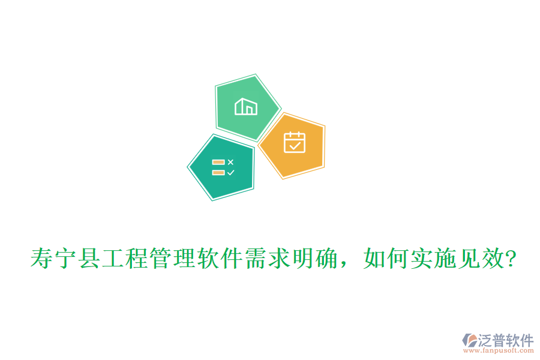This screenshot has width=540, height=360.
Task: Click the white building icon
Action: tap(246, 107)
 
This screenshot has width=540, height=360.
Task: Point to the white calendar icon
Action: tap(295, 143)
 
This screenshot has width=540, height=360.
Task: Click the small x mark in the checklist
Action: tap(231, 162)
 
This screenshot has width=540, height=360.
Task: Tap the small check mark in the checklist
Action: tap(231, 172)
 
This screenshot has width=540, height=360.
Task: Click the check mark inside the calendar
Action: tap(295, 145)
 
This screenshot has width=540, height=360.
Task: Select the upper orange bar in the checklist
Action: tap(218, 162)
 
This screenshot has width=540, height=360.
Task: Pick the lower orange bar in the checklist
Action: tap(218, 172)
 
